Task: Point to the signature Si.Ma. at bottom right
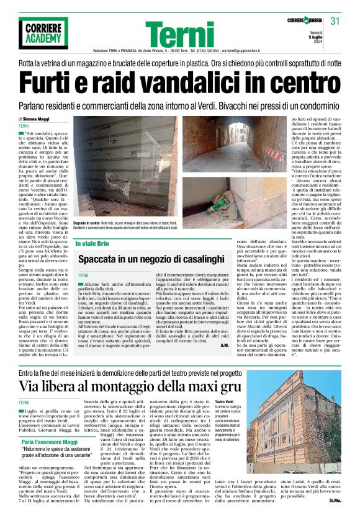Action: (x=335, y=500)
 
